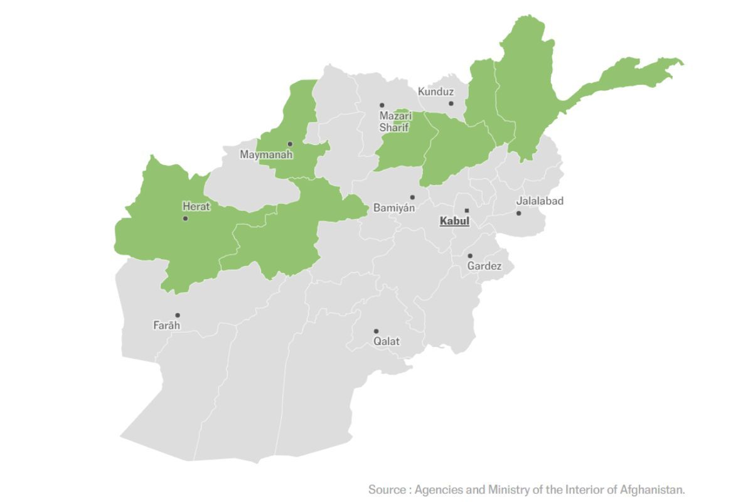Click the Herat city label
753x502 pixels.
[196, 206]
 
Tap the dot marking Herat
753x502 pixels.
[185, 218]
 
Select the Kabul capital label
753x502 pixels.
[454, 221]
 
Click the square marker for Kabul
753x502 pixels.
[466, 210]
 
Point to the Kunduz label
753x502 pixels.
[435, 92]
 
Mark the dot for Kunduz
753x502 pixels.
[451, 104]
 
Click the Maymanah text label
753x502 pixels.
[266, 154]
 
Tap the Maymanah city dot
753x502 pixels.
[290, 144]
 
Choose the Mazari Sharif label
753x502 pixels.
[395, 122]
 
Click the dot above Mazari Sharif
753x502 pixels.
[382, 105]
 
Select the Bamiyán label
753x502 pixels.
[393, 208]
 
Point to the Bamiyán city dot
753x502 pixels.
[412, 197]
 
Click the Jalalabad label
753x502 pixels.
[540, 201]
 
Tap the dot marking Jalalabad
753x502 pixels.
[518, 213]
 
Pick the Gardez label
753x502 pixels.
[484, 266]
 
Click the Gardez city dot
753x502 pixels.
[470, 255]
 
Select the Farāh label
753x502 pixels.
[166, 325]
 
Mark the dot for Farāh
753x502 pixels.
[178, 315]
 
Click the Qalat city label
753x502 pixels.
[387, 341]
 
